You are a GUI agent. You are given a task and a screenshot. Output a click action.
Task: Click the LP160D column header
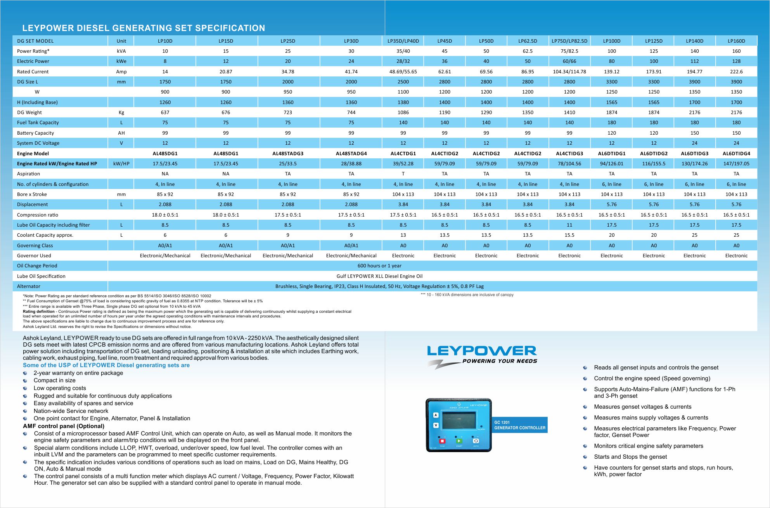[x=736, y=41]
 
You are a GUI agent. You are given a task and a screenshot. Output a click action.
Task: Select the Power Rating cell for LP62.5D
[x=527, y=51]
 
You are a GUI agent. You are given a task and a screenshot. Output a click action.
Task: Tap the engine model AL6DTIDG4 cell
[x=736, y=153]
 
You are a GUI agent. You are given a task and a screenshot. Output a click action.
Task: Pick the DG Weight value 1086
[x=403, y=112]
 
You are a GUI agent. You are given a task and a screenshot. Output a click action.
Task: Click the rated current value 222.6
[x=736, y=71]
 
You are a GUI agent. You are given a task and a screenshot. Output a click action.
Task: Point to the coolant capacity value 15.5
[x=569, y=235]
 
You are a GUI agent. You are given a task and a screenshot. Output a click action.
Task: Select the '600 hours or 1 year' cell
[x=379, y=266]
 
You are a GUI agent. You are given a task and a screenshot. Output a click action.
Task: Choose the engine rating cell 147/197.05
[x=736, y=163]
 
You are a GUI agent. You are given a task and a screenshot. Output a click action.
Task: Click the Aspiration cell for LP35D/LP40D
[x=403, y=173]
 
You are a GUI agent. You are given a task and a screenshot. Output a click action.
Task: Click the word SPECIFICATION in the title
[x=230, y=28]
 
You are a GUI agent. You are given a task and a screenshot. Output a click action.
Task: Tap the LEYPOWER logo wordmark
[x=481, y=351]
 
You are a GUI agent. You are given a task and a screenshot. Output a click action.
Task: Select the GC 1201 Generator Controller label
[x=519, y=425]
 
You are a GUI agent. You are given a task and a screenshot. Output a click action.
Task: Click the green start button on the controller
[x=459, y=441]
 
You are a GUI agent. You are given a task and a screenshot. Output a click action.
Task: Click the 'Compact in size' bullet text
[x=54, y=380]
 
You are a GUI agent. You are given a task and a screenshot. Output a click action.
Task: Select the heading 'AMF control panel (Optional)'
[x=64, y=426]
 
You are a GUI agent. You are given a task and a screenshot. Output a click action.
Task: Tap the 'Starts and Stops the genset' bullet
[x=630, y=457]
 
